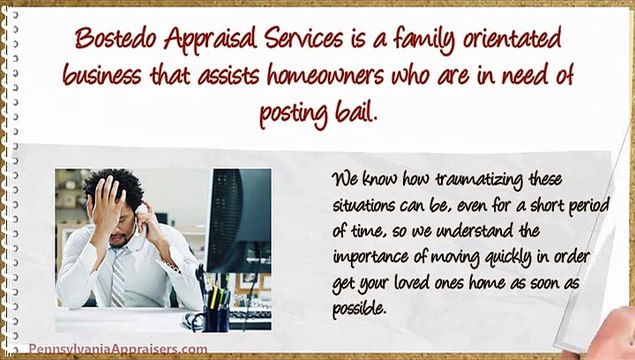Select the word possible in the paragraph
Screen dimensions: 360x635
click(x=360, y=308)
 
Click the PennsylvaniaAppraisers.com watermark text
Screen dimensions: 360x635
click(x=119, y=349)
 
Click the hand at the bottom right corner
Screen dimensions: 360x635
click(x=599, y=340)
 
